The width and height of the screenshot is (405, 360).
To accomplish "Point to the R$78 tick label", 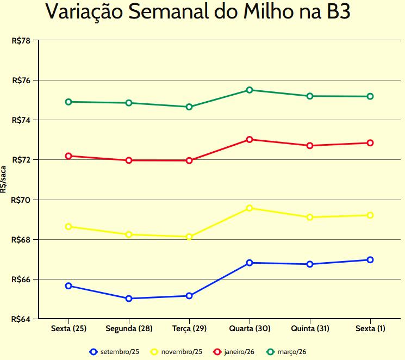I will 21,40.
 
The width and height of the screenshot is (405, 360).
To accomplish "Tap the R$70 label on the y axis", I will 21,200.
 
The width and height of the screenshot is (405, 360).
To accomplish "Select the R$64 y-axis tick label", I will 21,319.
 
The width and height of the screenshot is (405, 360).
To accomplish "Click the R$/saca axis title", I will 4,180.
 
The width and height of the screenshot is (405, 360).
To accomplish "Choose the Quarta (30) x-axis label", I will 250,329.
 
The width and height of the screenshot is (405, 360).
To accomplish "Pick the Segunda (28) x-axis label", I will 129,329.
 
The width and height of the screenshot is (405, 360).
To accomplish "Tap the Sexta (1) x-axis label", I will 370,329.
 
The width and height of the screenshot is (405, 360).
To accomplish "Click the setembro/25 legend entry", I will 115,352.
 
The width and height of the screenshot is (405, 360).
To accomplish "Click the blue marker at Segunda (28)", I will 129,299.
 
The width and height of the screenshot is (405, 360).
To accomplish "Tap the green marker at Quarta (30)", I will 250,90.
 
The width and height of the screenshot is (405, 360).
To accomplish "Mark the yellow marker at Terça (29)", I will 189,237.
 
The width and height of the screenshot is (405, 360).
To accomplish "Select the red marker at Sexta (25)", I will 68,156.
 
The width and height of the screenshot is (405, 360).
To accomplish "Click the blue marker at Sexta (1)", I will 370,260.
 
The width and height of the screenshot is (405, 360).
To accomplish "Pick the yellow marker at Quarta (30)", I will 250,208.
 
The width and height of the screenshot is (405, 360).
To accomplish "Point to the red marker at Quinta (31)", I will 310,146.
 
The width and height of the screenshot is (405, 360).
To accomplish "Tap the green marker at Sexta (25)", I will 68,102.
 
